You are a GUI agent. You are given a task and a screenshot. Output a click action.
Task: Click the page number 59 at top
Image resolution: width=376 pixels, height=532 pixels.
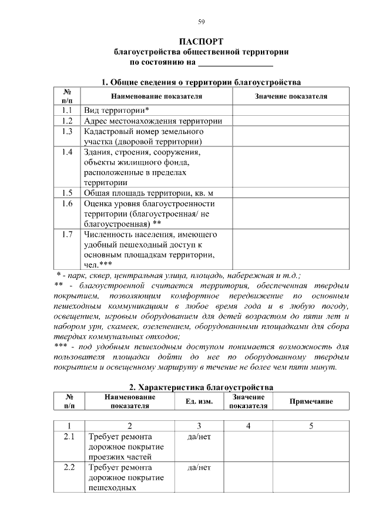coord(201,22)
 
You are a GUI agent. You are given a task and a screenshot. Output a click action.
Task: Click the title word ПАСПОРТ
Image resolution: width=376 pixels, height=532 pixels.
coord(201,42)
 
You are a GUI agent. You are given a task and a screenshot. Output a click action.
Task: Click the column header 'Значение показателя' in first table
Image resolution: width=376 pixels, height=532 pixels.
coord(291,96)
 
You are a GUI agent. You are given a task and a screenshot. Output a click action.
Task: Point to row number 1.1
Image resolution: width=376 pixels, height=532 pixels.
coord(66,111)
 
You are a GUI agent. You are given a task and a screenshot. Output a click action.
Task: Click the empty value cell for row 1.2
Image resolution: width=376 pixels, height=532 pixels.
coord(291,121)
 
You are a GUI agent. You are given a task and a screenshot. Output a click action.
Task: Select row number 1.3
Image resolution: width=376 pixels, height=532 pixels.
coord(66,132)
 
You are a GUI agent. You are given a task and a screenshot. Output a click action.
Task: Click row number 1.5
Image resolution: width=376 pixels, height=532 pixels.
coord(66,193)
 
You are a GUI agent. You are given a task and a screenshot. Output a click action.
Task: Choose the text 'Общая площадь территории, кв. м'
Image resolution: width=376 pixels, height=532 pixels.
coord(149,193)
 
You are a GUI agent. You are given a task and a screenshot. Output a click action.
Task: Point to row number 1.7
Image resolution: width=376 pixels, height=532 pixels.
coord(66,234)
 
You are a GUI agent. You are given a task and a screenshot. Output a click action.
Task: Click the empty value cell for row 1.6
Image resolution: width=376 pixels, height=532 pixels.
coord(291,213)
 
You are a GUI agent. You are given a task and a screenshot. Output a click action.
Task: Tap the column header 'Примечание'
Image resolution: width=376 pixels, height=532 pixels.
coord(311,401)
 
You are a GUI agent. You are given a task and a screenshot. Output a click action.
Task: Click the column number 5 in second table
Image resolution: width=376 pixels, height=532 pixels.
coord(311,426)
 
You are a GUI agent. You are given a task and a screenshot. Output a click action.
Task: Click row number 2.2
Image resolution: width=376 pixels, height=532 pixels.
coord(69,468)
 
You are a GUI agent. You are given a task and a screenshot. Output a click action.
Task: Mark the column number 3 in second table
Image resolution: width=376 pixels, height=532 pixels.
coord(199,426)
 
